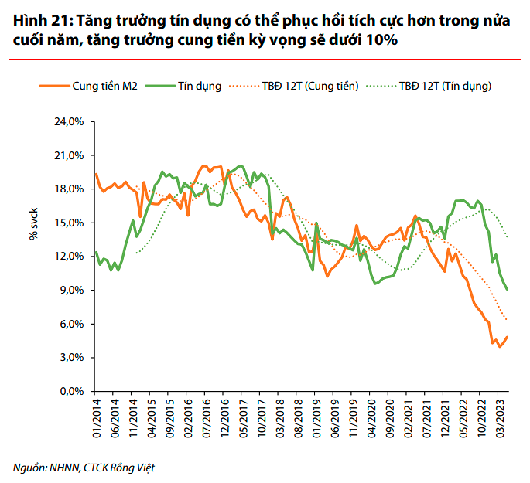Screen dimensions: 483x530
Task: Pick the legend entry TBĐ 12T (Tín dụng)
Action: (x=446, y=87)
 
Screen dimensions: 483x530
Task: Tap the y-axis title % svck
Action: (x=34, y=225)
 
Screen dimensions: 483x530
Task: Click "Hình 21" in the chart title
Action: (x=34, y=22)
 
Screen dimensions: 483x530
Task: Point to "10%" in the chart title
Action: (x=381, y=40)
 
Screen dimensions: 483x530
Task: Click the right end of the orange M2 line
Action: (x=507, y=337)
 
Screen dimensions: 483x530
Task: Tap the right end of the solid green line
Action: (x=507, y=289)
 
